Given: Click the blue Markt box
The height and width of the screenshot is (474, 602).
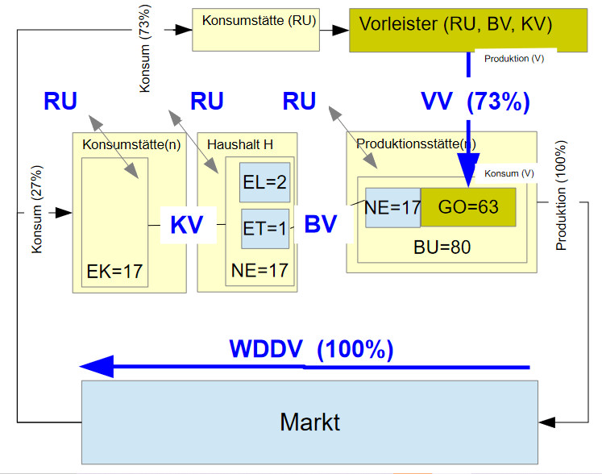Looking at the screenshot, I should pos(309,422).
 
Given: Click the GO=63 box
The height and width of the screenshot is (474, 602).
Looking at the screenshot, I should pos(468,207).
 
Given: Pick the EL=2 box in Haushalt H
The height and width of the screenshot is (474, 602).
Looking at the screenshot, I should pos(265,183).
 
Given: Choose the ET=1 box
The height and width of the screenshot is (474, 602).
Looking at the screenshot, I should pos(265,228).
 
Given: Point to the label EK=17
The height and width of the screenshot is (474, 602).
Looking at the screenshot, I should pos(114,272).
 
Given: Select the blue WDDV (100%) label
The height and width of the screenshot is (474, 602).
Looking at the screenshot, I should pos(311,350).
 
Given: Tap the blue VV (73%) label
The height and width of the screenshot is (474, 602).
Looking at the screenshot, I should pos(475,102).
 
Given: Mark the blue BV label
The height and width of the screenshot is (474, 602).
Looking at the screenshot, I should pos(320,225).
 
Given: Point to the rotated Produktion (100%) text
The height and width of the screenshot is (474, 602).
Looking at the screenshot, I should pos(562,196).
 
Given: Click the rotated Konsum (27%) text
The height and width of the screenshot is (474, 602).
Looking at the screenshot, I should pos(36,210).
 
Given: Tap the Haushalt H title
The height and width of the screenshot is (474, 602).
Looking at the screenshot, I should pos(240,144).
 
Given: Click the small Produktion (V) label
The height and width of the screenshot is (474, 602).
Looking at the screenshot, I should pos(514,60).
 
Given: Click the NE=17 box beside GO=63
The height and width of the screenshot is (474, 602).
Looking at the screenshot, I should pos(392,207).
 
